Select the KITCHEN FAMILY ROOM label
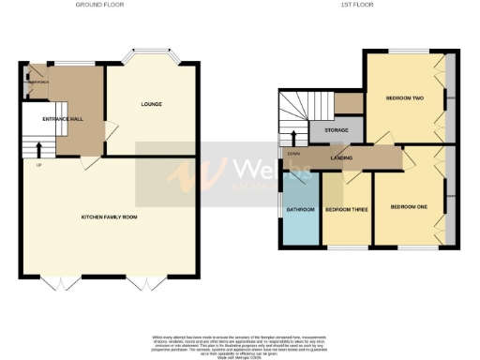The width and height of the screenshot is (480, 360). tap(109, 217)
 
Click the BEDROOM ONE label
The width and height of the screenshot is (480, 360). tap(408, 206)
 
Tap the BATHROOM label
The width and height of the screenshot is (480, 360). tap(300, 209)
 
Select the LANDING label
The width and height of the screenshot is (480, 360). tap(341, 158)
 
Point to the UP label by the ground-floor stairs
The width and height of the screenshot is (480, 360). tap(37, 165)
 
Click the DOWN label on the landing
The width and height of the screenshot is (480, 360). tap(294, 154)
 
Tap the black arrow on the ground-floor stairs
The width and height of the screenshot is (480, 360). tap(38, 149)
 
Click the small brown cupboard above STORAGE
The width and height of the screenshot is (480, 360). tap(348, 102)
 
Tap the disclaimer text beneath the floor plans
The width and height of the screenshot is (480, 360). tap(240, 344)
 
